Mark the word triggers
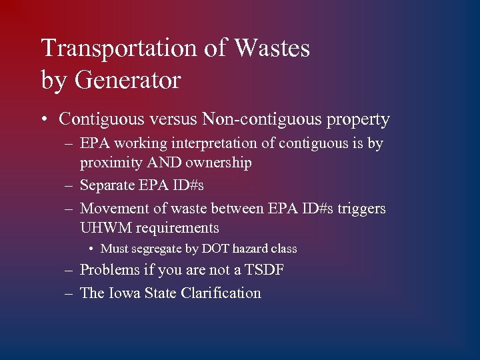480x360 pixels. [361, 209]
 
